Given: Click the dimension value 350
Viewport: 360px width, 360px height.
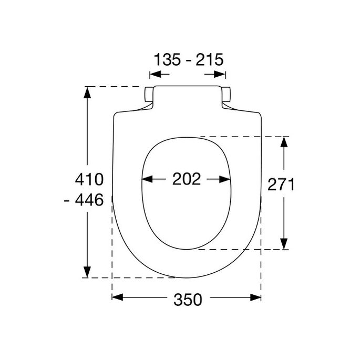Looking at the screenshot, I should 187,300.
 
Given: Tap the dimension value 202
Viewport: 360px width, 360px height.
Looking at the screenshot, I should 187,179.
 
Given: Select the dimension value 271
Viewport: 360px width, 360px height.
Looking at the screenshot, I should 281,184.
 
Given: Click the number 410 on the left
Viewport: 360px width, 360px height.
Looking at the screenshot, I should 89,179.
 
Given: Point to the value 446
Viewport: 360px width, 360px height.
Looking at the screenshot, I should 92,200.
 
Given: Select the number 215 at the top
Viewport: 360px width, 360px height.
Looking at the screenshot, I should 209,59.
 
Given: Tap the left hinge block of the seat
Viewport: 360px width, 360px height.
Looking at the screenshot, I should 148,95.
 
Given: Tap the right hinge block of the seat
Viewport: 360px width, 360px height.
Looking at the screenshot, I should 227,95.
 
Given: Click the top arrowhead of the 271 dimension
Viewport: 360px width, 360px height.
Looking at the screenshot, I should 284,141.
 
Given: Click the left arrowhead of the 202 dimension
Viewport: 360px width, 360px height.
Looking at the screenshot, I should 147,179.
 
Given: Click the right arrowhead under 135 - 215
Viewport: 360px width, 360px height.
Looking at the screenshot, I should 220,75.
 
